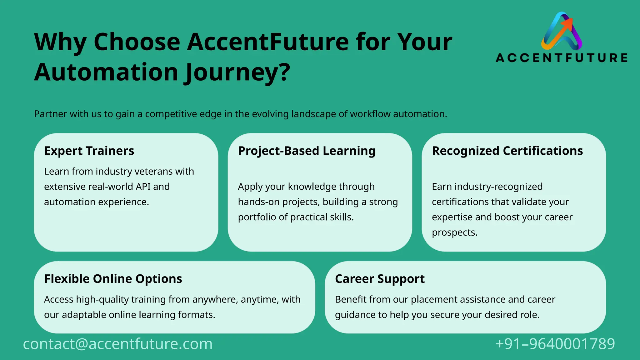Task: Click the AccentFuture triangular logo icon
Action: (x=562, y=32)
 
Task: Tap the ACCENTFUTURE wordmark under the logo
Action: (x=562, y=58)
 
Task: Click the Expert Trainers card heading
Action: (x=89, y=151)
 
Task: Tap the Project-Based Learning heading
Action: (x=307, y=151)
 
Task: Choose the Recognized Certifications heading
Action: (x=507, y=151)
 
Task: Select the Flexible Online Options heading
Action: (x=113, y=279)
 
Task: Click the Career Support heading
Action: (x=380, y=279)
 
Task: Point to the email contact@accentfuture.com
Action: (x=118, y=344)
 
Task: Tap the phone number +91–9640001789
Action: (x=555, y=344)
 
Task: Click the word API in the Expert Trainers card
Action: (x=143, y=187)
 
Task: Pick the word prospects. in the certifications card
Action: (x=455, y=233)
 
